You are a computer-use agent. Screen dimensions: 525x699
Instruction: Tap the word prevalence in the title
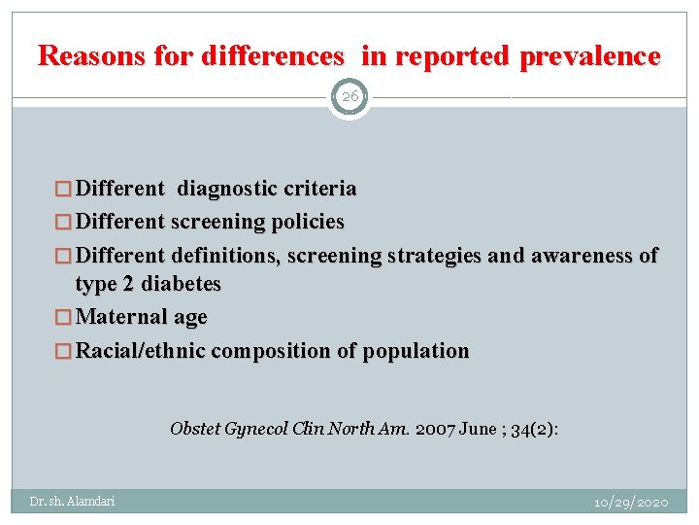point(590,56)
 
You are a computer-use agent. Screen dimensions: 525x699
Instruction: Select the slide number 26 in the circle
point(349,96)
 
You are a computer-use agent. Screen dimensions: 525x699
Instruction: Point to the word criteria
point(317,188)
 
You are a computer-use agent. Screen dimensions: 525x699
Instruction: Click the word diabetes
point(181,284)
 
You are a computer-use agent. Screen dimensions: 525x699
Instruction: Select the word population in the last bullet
point(416,350)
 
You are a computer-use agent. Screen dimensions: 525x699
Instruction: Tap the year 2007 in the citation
point(435,428)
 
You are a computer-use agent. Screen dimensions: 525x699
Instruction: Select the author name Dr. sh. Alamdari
point(72,502)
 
